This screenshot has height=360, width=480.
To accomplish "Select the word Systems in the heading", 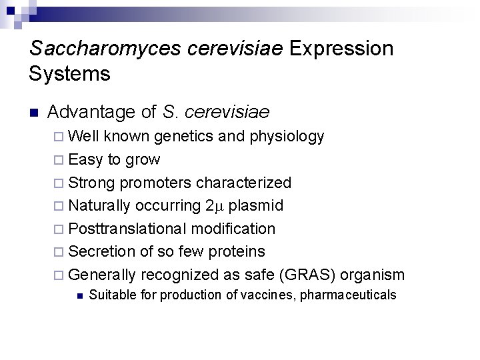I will click(x=70, y=73).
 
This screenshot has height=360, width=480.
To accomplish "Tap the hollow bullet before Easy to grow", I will click(x=58, y=160).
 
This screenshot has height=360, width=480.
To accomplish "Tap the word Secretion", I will click(x=102, y=252).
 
